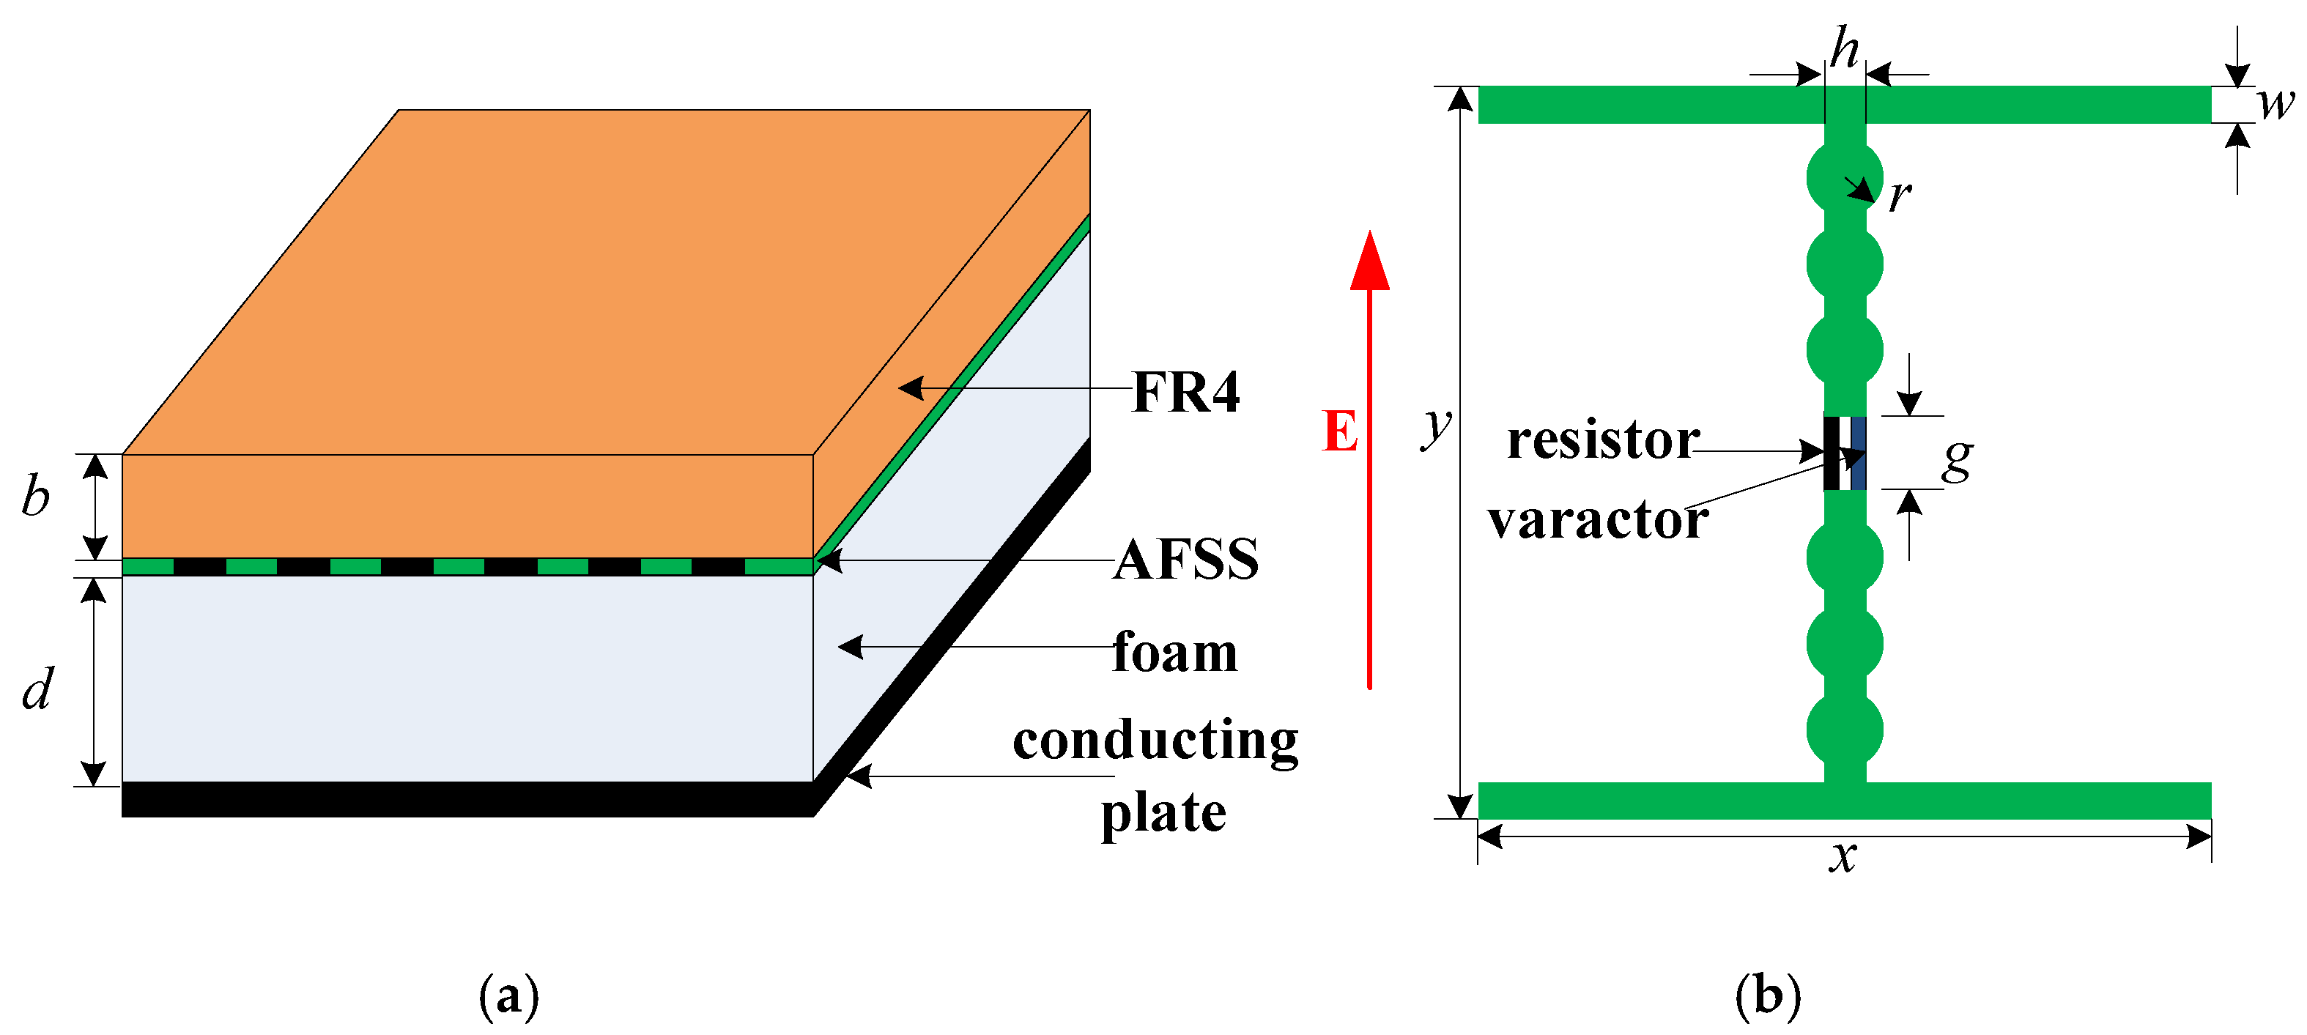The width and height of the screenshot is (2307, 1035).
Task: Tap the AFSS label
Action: click(x=1186, y=560)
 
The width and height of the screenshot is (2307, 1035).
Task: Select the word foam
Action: click(x=1175, y=652)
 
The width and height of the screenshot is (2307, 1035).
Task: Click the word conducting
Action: click(x=1155, y=741)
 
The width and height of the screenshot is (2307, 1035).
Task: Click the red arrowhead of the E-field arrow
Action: click(x=1369, y=262)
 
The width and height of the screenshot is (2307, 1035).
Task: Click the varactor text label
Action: click(x=1598, y=519)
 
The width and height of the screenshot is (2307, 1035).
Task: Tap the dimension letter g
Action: click(x=1958, y=459)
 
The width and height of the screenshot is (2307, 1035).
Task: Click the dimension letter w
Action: click(x=2275, y=103)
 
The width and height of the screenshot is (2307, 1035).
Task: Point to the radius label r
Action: click(x=1899, y=195)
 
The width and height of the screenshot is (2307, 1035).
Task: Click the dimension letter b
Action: click(x=36, y=495)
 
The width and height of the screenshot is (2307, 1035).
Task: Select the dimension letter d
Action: click(x=37, y=689)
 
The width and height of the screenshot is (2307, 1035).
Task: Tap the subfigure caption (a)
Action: click(x=508, y=995)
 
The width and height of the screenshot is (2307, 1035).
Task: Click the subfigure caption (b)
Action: click(x=1768, y=995)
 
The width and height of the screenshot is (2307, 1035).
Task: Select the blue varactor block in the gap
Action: click(x=1857, y=453)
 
